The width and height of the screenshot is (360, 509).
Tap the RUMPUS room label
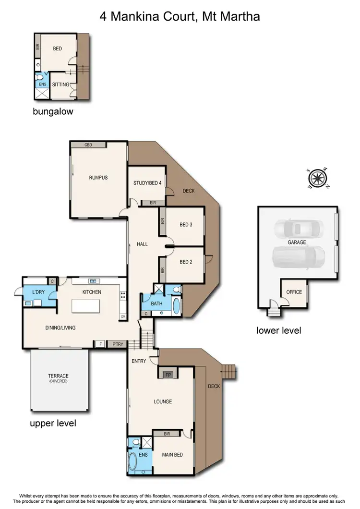click(98, 178)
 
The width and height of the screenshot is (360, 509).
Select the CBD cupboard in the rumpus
click(88, 145)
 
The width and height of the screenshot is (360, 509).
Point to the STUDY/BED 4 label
click(147, 183)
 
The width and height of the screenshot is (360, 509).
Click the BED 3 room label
click(186, 225)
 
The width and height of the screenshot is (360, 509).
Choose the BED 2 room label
click(186, 262)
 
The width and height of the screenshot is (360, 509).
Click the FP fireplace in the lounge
click(168, 375)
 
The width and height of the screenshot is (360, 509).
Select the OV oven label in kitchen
click(123, 316)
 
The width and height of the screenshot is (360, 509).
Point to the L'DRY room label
click(38, 292)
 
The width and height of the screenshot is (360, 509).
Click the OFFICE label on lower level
click(294, 292)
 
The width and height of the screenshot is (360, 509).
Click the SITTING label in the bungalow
click(60, 85)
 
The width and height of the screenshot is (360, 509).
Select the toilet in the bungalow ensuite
click(42, 77)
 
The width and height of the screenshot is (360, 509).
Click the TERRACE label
click(58, 376)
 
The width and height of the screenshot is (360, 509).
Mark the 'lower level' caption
click(278, 330)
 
